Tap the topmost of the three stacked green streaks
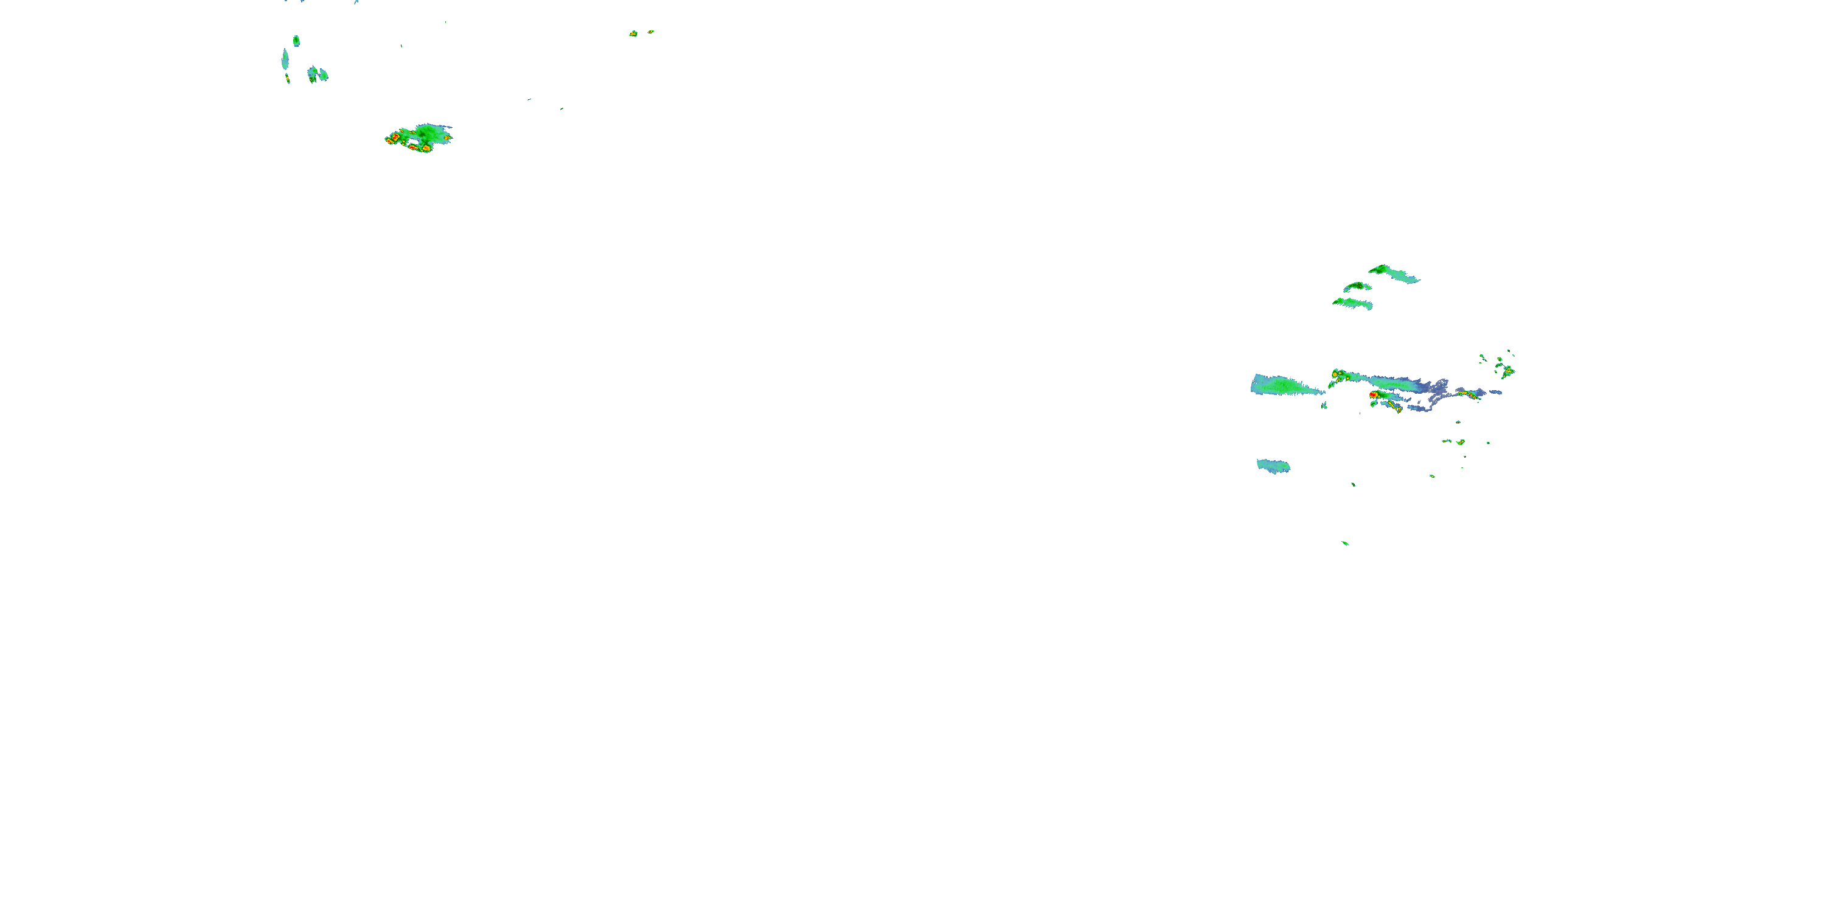[1391, 272]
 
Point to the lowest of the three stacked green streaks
[1352, 303]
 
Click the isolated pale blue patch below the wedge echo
[1273, 466]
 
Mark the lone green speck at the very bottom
[1344, 543]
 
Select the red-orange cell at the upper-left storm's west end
[392, 138]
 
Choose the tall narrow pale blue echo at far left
[285, 59]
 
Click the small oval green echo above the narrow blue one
[296, 40]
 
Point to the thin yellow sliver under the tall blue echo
[288, 79]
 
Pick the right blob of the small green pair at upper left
[323, 74]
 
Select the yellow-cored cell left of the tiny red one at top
[633, 33]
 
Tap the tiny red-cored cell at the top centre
[650, 31]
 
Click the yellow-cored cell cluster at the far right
[1507, 370]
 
